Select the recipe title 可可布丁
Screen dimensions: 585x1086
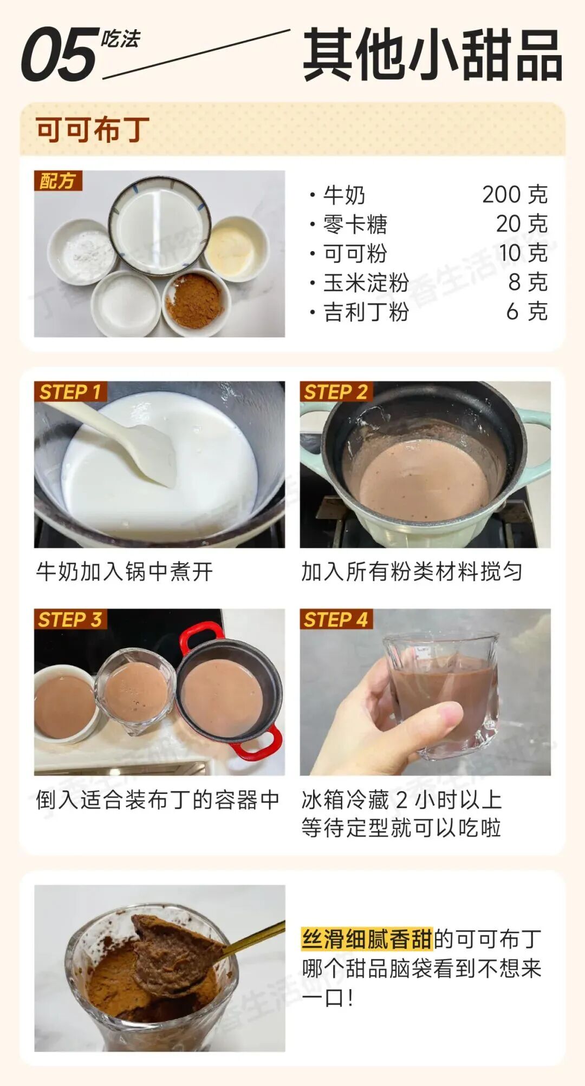tap(93, 129)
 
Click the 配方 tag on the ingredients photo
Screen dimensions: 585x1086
tap(58, 181)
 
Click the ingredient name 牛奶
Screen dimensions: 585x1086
tap(344, 195)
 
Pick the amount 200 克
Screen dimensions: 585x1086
tap(515, 195)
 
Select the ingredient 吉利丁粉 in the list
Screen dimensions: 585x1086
tap(366, 312)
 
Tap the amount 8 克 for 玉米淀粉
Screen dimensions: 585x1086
tap(528, 282)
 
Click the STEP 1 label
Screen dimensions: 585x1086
tap(70, 392)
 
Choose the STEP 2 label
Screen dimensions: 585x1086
tap(336, 392)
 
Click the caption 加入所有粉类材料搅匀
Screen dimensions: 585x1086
tap(412, 571)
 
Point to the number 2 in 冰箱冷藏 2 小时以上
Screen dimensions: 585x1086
tap(402, 800)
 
